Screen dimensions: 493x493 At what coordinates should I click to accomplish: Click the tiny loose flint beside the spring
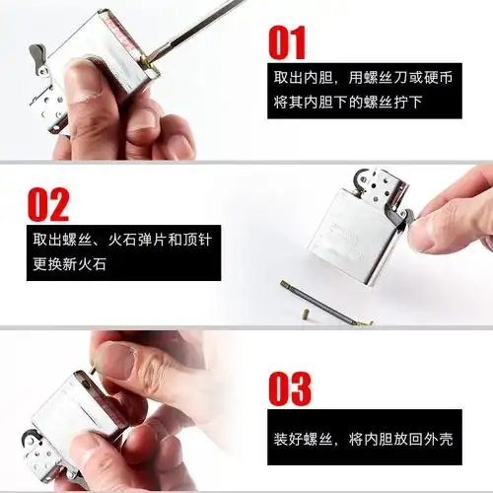click(x=302, y=314)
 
